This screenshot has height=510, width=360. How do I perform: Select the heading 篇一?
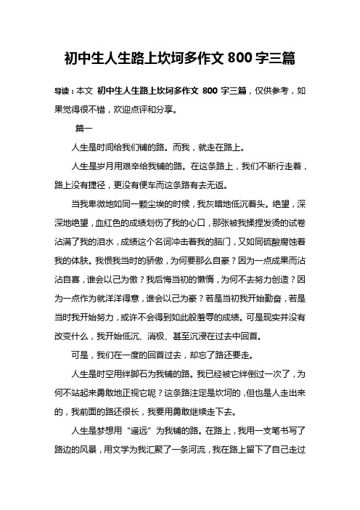click(x=83, y=129)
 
